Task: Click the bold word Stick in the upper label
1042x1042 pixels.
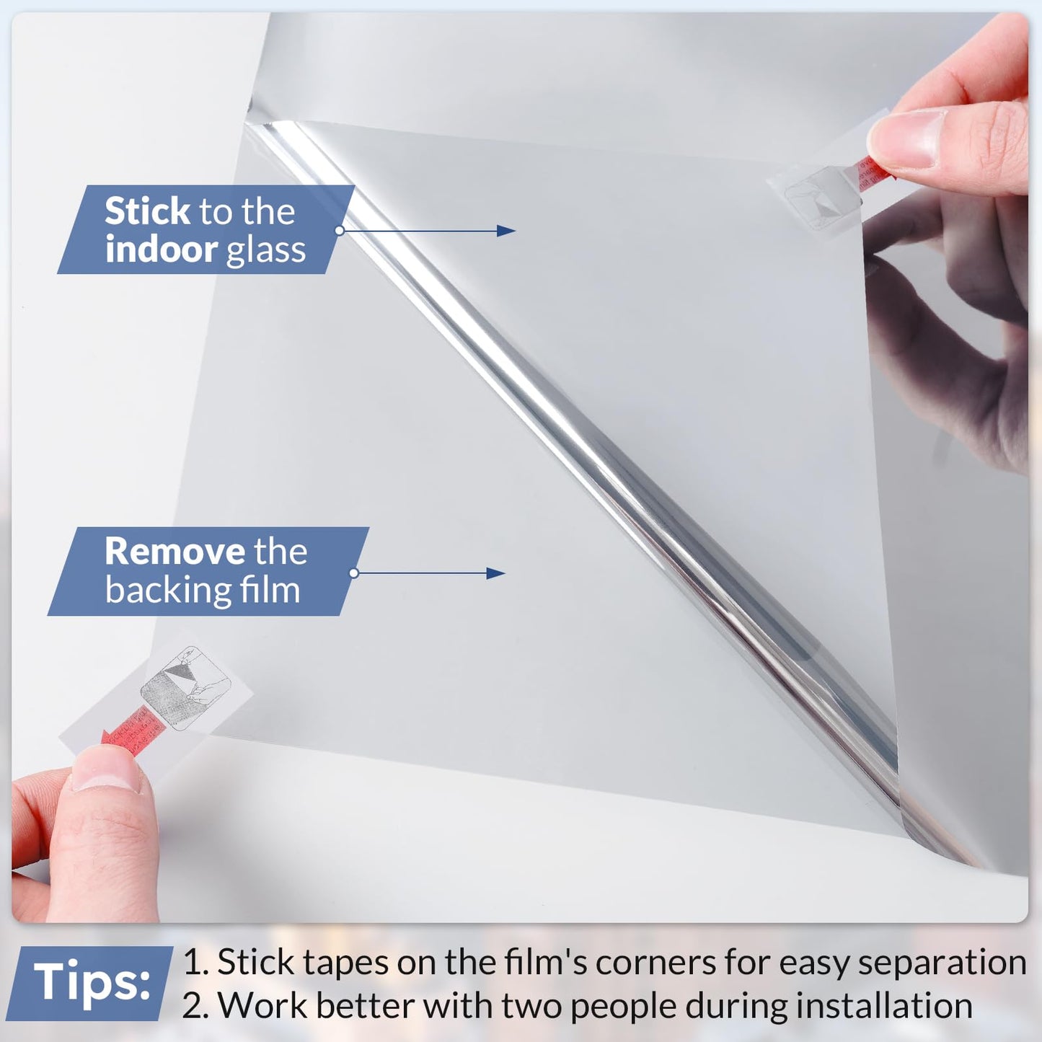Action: [147, 211]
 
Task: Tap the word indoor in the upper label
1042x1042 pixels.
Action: [161, 250]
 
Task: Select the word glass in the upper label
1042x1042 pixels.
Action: [266, 250]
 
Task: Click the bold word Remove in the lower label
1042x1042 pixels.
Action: [175, 552]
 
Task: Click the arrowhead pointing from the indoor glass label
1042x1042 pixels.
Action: [507, 231]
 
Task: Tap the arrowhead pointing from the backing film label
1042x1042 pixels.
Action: [496, 573]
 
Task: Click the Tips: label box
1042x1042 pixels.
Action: [92, 982]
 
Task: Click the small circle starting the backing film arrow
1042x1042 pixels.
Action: [354, 573]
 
